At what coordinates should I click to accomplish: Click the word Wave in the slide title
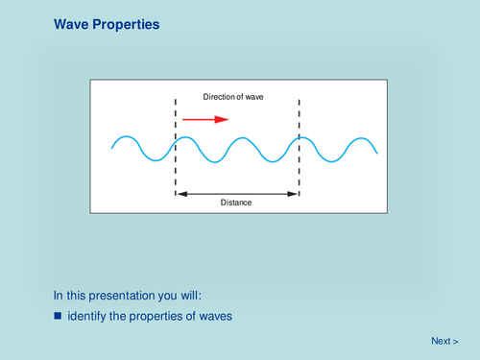coord(72,22)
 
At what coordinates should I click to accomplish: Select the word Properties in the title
coord(127,22)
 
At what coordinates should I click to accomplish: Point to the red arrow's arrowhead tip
coord(228,119)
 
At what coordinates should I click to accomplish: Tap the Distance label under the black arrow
coord(237,203)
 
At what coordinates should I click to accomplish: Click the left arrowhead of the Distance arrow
coord(179,194)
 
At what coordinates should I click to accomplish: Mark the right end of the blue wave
coord(376,153)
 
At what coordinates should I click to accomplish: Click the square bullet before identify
coord(58,315)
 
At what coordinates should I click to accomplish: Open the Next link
coord(444,341)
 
